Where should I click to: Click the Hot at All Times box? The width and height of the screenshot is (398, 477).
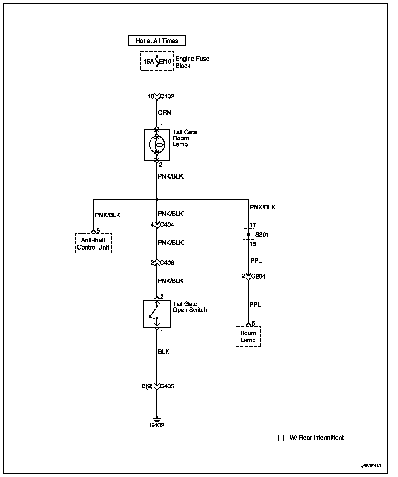coord(156,41)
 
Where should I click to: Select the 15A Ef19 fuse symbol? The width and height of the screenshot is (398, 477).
coord(157,61)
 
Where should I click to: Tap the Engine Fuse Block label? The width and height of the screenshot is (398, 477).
coord(192,62)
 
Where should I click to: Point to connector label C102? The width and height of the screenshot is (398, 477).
coord(167,97)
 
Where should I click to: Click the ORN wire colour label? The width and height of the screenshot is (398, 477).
coord(164,113)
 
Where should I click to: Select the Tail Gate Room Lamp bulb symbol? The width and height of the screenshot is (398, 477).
coord(157,145)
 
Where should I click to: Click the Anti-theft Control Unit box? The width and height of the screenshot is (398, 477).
coord(93,244)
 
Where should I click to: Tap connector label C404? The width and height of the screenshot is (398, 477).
coord(167,225)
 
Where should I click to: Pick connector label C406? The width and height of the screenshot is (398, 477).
coord(167,263)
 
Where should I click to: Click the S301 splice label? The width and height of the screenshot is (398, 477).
coord(262,235)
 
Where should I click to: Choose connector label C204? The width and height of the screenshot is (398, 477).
coord(258,276)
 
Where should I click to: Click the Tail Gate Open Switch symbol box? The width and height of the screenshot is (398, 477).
coord(157,314)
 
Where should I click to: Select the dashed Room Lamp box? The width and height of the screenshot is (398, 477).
coord(248,337)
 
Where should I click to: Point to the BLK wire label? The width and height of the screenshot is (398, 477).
coord(163,351)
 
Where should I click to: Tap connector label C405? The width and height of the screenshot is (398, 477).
coord(167,386)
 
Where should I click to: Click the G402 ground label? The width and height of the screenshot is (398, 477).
coord(157,425)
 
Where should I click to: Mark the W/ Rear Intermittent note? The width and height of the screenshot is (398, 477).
coord(310,438)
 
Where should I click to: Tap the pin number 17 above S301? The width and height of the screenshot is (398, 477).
coord(253,225)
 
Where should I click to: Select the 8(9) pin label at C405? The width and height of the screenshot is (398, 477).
coord(147,386)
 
